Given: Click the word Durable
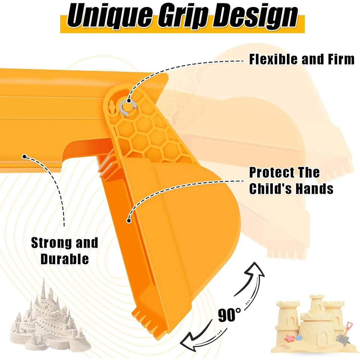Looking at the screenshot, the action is (x=64, y=259).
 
